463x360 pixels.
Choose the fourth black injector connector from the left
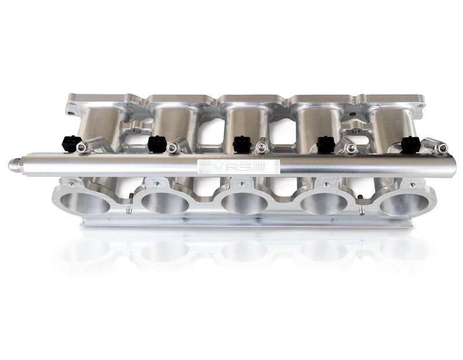pos(326,143)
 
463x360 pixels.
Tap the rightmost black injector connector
pos(411,143)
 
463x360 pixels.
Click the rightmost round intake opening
pos(403,203)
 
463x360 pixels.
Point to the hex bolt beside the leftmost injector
pos(85,149)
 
